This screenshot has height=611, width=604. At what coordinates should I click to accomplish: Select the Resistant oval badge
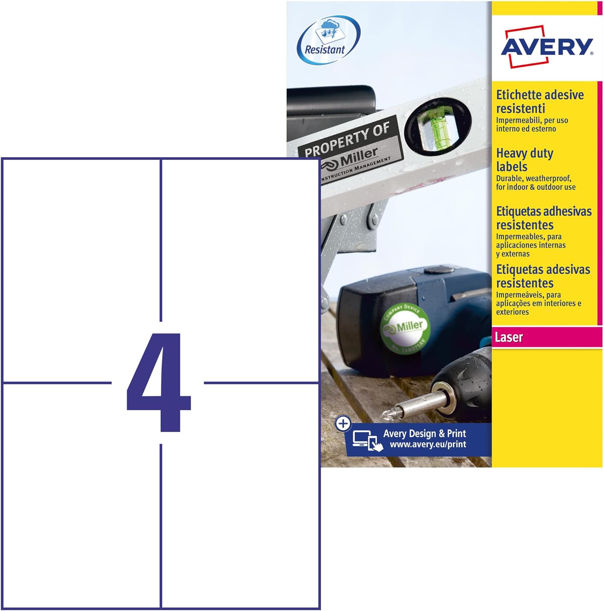(x=328, y=40)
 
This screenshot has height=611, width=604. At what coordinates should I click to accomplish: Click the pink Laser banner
(x=547, y=337)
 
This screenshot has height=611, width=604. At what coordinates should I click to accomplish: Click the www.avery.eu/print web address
(x=428, y=444)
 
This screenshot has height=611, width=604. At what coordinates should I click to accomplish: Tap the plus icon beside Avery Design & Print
(x=343, y=424)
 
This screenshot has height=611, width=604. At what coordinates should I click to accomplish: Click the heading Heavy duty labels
(x=524, y=160)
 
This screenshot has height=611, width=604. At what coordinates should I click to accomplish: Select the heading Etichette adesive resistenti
(x=539, y=101)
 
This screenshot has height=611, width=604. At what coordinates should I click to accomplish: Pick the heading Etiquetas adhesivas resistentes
(x=543, y=218)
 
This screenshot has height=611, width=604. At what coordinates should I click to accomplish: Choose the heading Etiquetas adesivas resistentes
(x=543, y=276)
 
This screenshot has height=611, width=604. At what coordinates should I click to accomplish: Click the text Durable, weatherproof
(x=534, y=178)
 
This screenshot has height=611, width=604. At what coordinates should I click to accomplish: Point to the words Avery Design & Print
(x=424, y=433)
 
